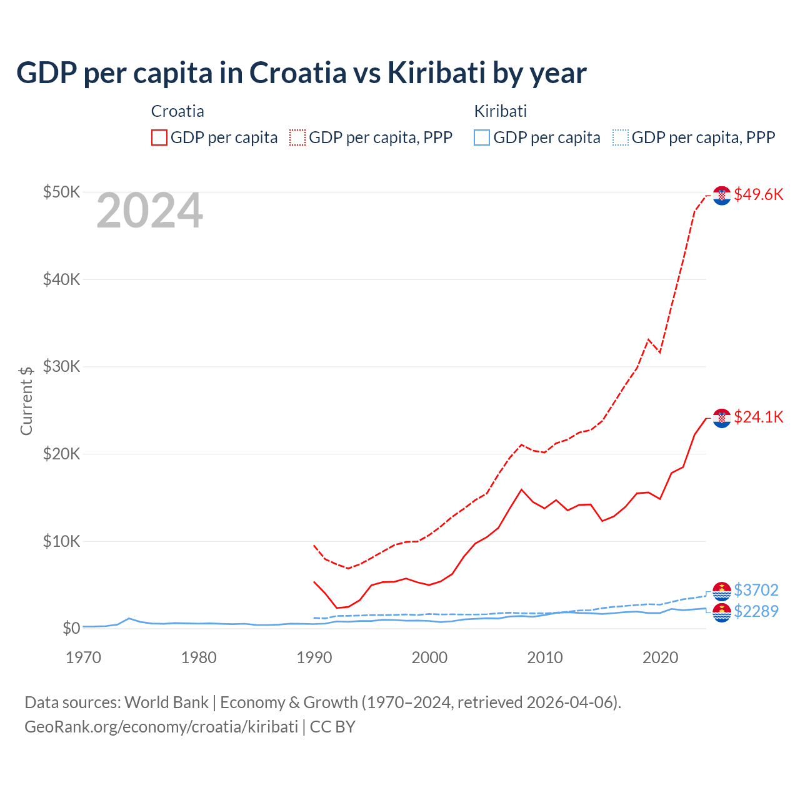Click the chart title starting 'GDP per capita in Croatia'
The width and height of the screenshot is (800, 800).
301,73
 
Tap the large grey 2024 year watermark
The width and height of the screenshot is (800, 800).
149,211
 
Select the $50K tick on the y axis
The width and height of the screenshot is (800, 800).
61,192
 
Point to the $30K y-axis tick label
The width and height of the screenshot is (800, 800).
61,366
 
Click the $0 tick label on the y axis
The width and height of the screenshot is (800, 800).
71,628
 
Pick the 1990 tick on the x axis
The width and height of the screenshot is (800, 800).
314,657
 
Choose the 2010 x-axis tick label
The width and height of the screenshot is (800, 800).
544,657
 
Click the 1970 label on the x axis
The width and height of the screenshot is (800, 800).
83,657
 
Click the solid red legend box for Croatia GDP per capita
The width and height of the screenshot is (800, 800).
159,137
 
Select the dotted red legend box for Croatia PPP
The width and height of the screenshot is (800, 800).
297,137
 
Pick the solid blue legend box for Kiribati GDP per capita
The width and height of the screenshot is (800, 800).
482,137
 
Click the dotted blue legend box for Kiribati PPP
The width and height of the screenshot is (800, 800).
621,137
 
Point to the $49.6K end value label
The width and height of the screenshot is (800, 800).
758,194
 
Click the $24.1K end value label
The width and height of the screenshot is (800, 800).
758,417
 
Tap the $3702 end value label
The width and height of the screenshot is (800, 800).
756,590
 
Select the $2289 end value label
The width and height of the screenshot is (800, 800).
756,611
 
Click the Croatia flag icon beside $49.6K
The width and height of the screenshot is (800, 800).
722,196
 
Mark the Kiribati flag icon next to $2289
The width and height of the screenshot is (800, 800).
722,612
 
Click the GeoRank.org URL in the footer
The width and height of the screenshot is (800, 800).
161,727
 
